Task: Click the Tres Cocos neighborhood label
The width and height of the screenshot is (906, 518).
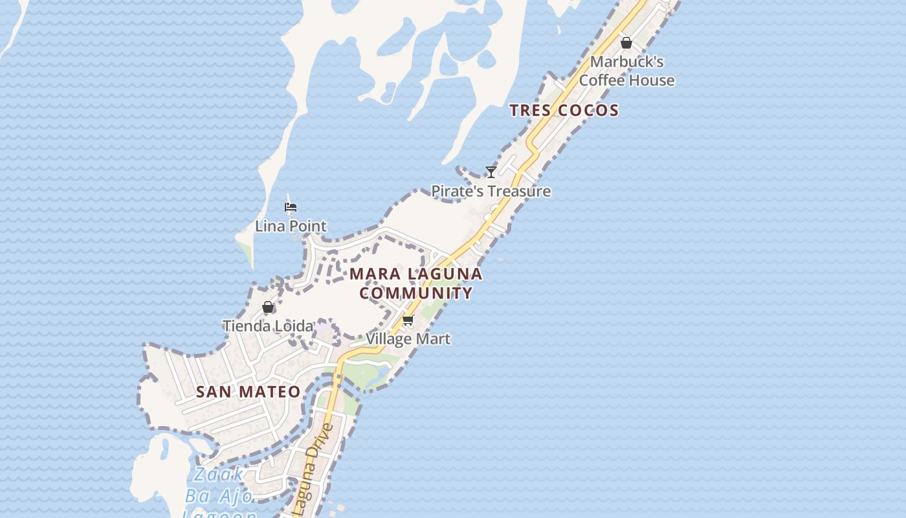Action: pos(564,110)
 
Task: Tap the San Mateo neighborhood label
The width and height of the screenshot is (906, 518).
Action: pos(249,392)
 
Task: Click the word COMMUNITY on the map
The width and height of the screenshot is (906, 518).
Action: pos(416,293)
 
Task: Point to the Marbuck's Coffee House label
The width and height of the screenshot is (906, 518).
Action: pos(626,71)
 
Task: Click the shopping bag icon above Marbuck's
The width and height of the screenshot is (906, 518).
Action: pos(626,43)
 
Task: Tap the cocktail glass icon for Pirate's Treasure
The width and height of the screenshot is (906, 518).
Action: pos(491,172)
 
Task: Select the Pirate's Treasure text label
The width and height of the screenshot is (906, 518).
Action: pos(491,191)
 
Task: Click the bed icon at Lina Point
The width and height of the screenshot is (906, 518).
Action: pos(291,207)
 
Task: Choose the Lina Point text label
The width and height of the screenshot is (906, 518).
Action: pos(291,226)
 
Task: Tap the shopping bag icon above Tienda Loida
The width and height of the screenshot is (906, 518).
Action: pos(268,307)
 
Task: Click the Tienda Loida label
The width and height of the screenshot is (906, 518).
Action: pos(268,326)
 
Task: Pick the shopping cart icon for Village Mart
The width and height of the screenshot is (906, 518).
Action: pos(408,320)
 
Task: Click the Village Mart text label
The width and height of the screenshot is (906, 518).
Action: pos(408,339)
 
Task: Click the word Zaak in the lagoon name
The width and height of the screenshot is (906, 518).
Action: pos(219,475)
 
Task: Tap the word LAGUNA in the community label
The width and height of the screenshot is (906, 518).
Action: pos(448,274)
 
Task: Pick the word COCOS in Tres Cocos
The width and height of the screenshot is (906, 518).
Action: pos(588,110)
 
